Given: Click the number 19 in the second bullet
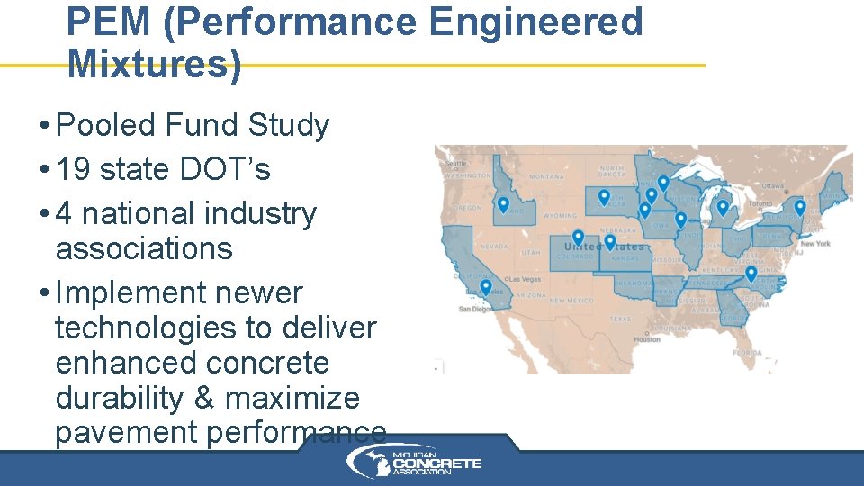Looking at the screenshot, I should [x=75, y=168].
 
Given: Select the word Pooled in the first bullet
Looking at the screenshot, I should [x=106, y=125].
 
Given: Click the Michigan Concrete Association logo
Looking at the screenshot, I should [x=415, y=463].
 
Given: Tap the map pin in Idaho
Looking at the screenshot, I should [x=503, y=206].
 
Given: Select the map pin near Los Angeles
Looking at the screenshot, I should [x=485, y=288].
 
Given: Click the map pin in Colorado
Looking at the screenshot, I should [x=578, y=238].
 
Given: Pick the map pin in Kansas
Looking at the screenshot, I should [x=609, y=242].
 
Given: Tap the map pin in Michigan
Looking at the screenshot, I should [x=722, y=208].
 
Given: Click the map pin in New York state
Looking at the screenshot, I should [x=799, y=208].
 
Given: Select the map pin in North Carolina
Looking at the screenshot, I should [x=751, y=274].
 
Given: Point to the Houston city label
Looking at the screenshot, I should [x=646, y=339].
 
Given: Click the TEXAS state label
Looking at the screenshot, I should [x=620, y=319].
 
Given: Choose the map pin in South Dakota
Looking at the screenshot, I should [x=604, y=197].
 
